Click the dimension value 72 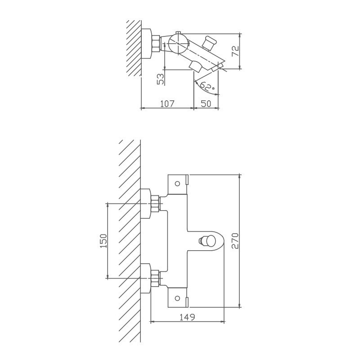click(x=235, y=51)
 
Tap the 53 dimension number click(x=161, y=79)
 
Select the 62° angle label click(x=207, y=86)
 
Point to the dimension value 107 click(x=167, y=104)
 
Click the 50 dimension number click(x=206, y=104)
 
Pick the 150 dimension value click(x=104, y=241)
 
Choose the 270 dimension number click(x=235, y=241)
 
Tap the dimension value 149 click(x=187, y=317)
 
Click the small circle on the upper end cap click(x=177, y=184)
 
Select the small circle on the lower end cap click(x=177, y=298)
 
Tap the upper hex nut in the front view click(x=155, y=204)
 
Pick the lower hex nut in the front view click(x=155, y=279)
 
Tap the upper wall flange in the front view click(x=145, y=204)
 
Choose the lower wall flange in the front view click(x=145, y=279)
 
